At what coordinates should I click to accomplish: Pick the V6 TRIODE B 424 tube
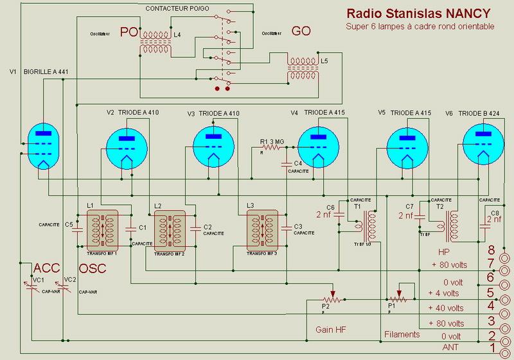483,146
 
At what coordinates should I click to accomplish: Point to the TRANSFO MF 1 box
103,230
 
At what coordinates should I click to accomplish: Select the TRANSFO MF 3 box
263,230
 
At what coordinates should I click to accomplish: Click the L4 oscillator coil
156,42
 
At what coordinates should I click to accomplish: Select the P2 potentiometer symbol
332,299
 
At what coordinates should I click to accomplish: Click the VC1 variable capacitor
32,287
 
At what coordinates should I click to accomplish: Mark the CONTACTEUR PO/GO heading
178,8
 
